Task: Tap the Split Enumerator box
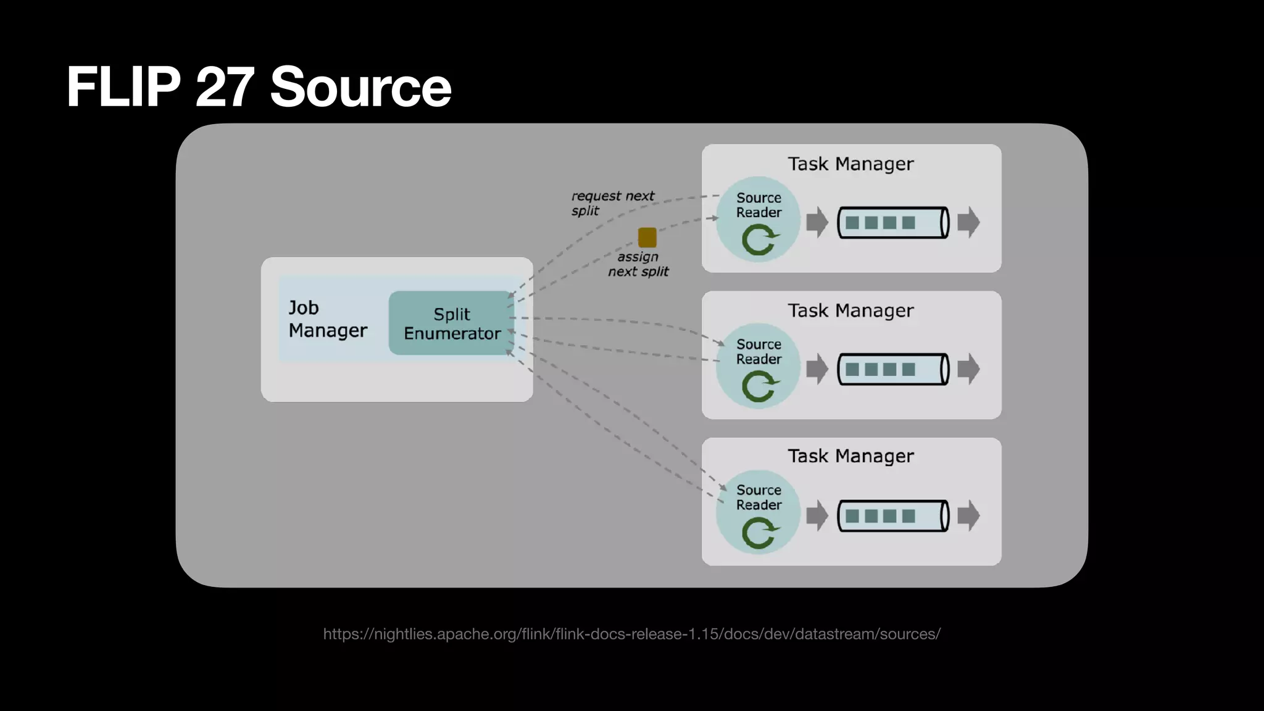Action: click(x=451, y=323)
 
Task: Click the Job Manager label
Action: click(x=327, y=319)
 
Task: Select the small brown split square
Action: click(x=647, y=237)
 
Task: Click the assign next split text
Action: click(x=638, y=264)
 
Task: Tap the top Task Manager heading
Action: click(x=850, y=164)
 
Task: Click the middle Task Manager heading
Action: click(x=850, y=310)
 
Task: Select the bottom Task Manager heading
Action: click(x=850, y=456)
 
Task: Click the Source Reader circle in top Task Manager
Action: click(x=758, y=219)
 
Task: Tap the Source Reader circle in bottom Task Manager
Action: click(x=758, y=512)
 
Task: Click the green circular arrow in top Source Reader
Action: click(x=759, y=240)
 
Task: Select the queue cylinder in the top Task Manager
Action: click(x=892, y=222)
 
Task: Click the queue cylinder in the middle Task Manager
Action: click(x=892, y=369)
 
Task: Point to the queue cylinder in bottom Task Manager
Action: click(x=892, y=516)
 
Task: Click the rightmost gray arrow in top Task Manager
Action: click(x=968, y=222)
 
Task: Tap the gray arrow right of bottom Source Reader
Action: click(x=817, y=516)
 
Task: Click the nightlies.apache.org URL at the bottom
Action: click(x=631, y=634)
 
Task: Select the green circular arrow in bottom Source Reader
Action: click(x=759, y=533)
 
